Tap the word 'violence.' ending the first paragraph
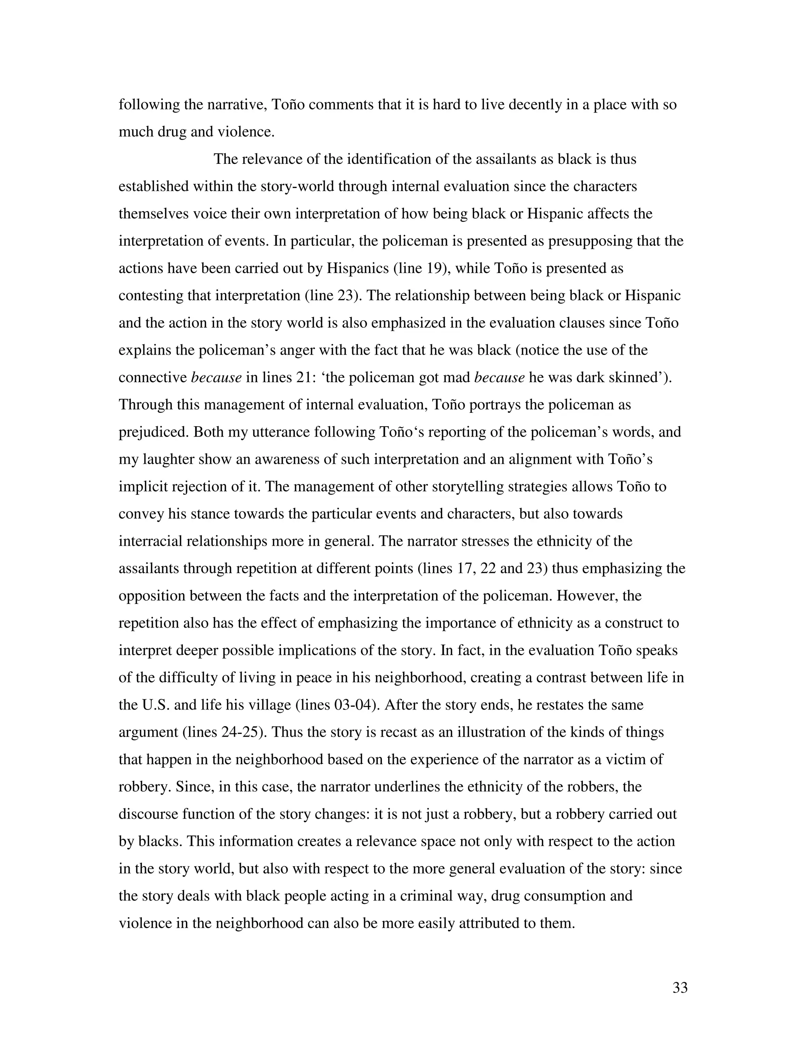tap(246, 132)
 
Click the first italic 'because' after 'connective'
tap(216, 378)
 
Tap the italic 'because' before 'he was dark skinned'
tap(499, 378)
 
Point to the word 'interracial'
tap(156, 542)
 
